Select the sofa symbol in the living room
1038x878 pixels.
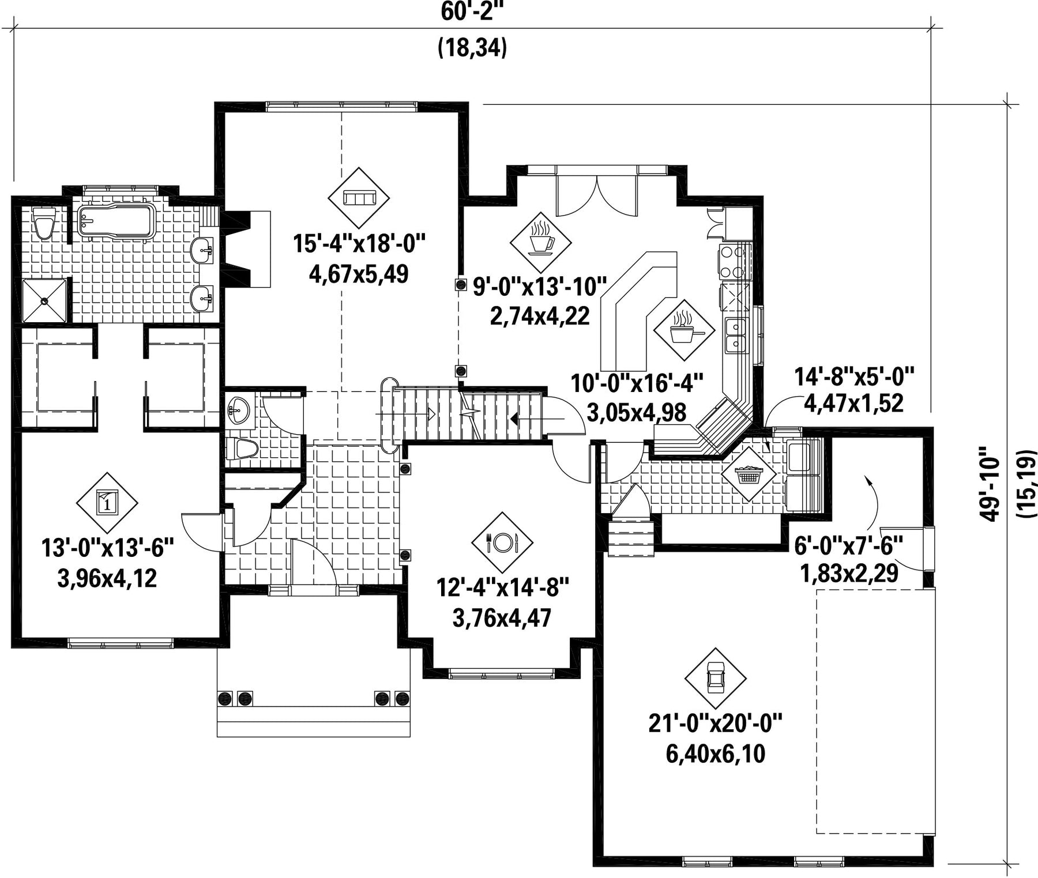(359, 198)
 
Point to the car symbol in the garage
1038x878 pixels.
(716, 678)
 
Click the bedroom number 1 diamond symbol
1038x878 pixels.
(107, 503)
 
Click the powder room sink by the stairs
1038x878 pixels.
(239, 409)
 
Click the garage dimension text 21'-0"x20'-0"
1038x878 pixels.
(715, 723)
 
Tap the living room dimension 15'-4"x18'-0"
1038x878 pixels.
(359, 244)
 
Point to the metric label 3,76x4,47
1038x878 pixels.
(502, 619)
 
